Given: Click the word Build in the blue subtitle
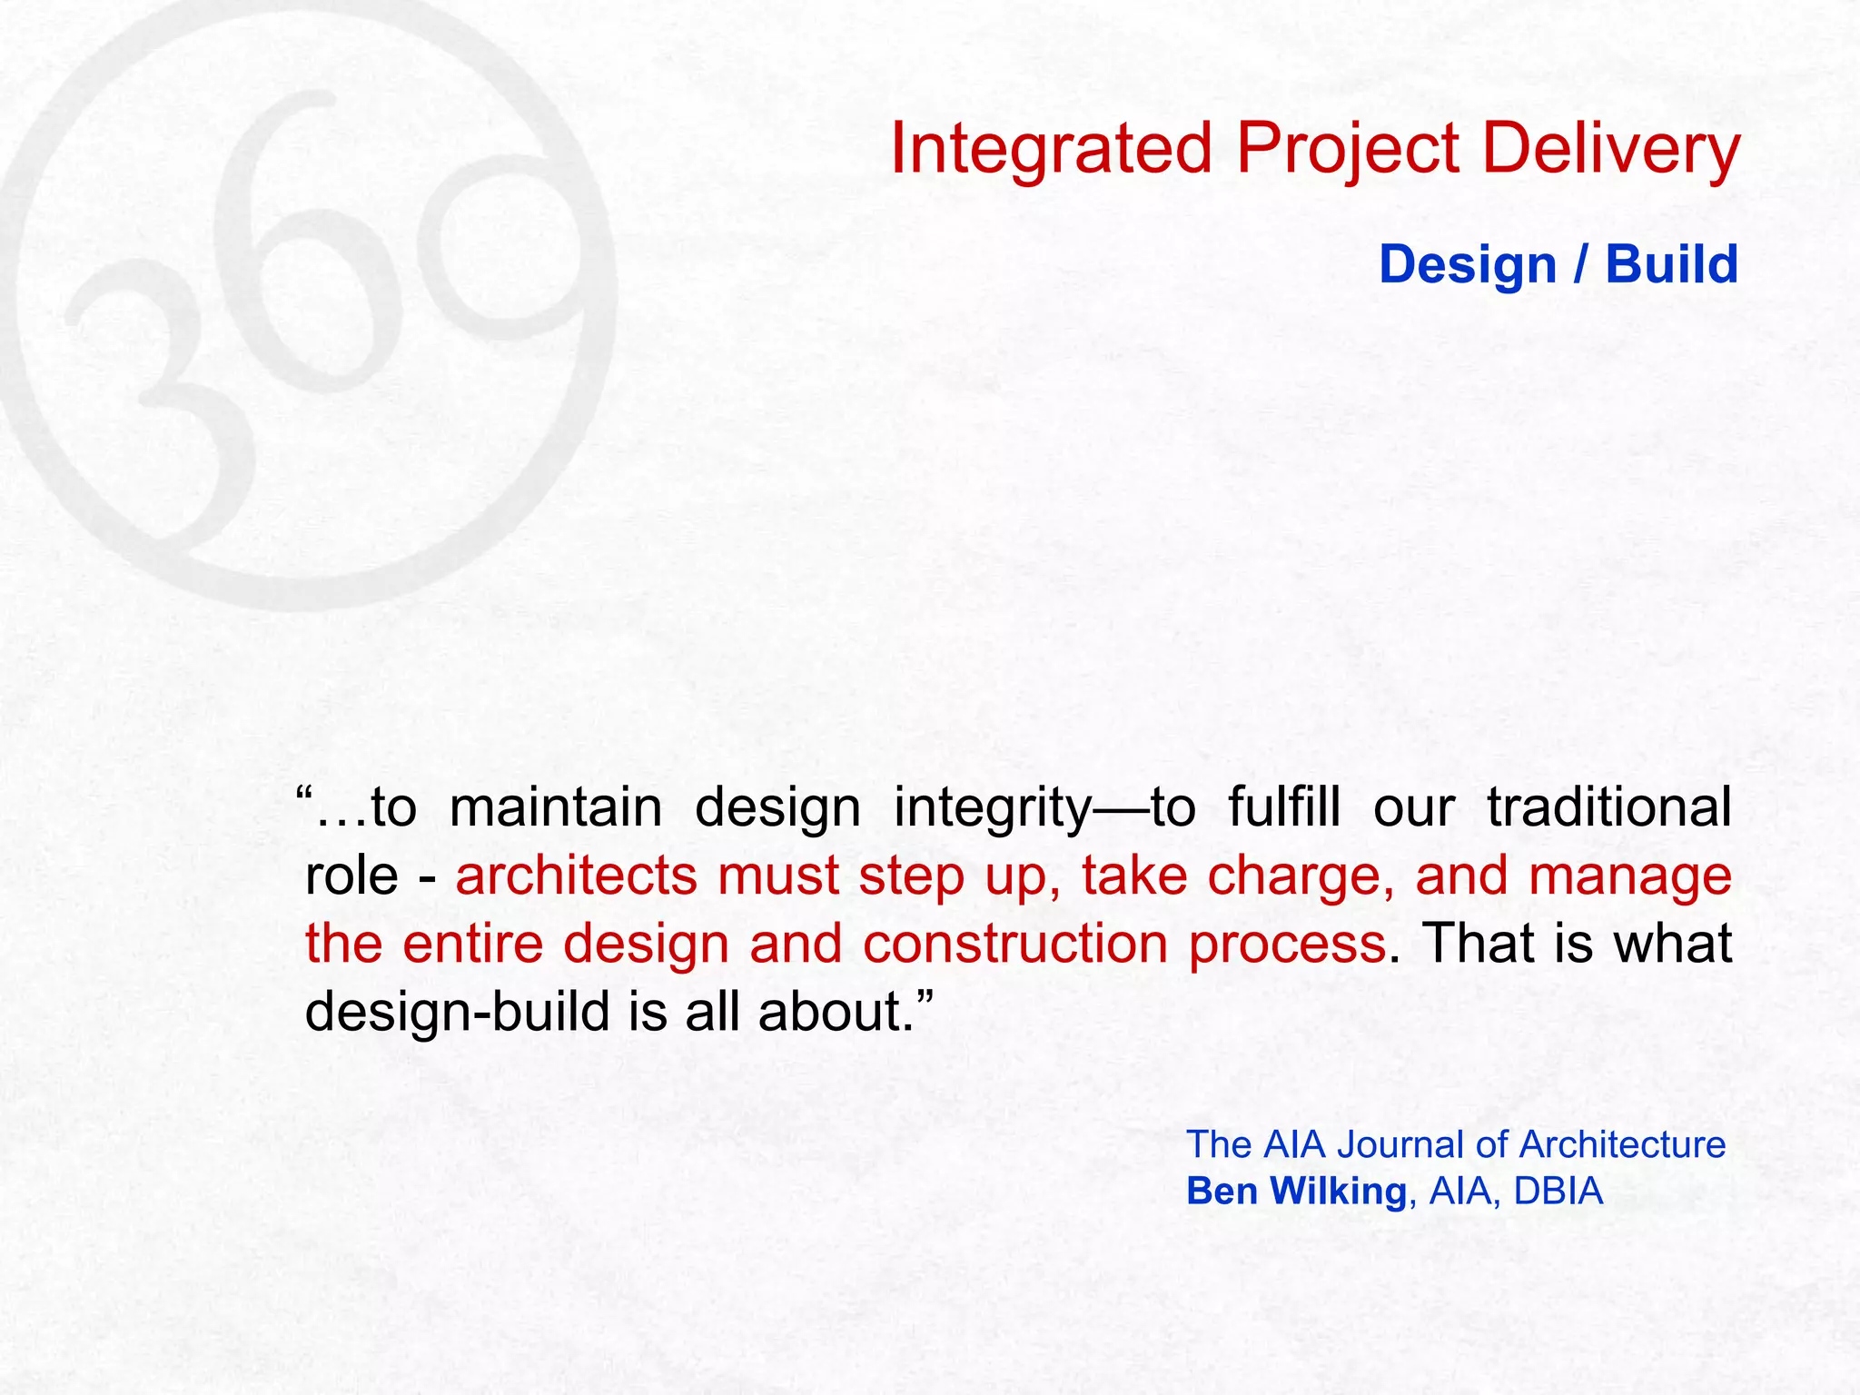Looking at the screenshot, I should pos(1671,265).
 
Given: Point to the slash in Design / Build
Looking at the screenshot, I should pos(1581,265).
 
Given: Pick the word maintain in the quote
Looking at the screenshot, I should pos(556,807).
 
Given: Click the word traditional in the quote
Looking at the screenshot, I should pos(1608,807).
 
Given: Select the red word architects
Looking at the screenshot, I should pos(577,876).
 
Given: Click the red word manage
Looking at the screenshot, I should pos(1629,877).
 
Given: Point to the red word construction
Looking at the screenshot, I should pos(1014,944).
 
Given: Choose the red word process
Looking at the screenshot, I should pos(1287,945).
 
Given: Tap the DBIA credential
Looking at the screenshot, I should pos(1558,1192).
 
